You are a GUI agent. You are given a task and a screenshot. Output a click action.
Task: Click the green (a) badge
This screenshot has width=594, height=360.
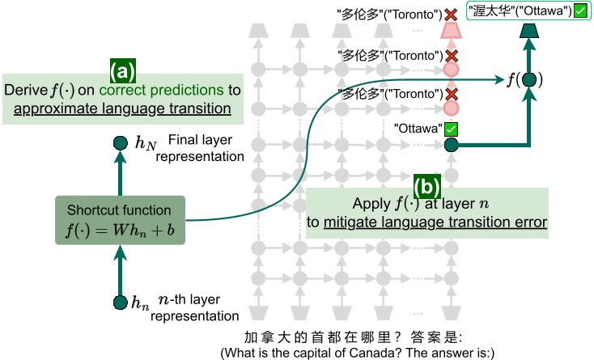point(123,71)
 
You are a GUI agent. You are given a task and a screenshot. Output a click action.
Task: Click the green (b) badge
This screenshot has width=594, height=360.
point(427,187)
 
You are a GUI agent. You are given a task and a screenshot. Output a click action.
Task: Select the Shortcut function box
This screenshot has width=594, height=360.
point(120,220)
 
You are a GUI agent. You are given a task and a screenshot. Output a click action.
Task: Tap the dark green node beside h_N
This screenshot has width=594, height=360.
point(121,143)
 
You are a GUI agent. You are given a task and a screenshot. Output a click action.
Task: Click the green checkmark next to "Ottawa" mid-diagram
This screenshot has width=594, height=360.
point(451,129)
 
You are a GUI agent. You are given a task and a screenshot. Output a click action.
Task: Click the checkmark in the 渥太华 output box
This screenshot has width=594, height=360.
point(580,11)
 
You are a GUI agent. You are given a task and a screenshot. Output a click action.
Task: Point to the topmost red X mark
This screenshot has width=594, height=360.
point(451,15)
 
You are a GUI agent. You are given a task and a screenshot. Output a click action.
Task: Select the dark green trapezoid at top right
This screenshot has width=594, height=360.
point(529,31)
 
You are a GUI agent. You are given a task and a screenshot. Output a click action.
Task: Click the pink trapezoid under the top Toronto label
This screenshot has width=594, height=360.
point(451,31)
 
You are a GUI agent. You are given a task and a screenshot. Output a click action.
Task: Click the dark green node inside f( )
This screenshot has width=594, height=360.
point(529,80)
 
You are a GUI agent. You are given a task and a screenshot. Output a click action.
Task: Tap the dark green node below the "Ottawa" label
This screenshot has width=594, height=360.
point(451,145)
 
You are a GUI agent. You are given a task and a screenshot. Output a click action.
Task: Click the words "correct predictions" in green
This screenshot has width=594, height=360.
point(161,90)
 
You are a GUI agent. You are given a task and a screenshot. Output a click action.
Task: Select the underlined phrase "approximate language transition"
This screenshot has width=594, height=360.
point(122,109)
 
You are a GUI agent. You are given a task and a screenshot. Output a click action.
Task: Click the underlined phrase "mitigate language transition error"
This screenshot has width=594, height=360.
point(435,222)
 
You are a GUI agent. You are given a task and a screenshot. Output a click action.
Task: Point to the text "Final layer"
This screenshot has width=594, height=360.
point(200,140)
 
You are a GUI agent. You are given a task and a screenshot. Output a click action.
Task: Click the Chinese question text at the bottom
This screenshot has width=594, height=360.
point(353,337)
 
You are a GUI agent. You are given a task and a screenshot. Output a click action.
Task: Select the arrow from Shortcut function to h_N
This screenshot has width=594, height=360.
point(121,173)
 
